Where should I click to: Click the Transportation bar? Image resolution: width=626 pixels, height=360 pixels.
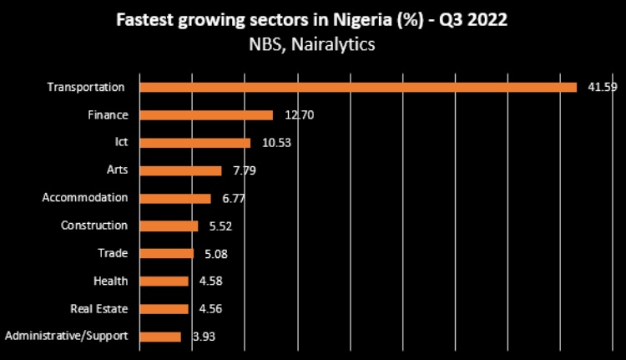[x=358, y=87]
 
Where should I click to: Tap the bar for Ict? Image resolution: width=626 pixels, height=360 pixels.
[x=194, y=143]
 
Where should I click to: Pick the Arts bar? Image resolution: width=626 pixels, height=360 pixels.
[x=180, y=170]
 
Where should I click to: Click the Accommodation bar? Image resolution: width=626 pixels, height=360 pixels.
[x=175, y=198]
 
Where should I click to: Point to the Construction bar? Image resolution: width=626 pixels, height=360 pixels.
[x=169, y=226]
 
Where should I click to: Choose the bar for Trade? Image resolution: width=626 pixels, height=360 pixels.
[x=166, y=253]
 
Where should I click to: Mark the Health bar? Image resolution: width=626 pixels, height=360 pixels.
[x=164, y=281]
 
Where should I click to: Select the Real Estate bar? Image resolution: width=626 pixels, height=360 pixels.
[x=164, y=308]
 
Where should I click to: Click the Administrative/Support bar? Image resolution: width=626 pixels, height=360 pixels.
[x=160, y=337]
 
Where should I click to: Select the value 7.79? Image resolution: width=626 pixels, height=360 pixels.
[x=245, y=170]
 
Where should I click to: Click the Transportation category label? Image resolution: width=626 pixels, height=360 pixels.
[x=86, y=87]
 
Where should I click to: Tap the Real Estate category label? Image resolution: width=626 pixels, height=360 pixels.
[x=99, y=308]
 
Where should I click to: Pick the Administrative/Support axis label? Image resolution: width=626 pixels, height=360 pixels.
[x=66, y=337]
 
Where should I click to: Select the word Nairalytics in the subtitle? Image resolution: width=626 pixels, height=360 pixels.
[x=333, y=43]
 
